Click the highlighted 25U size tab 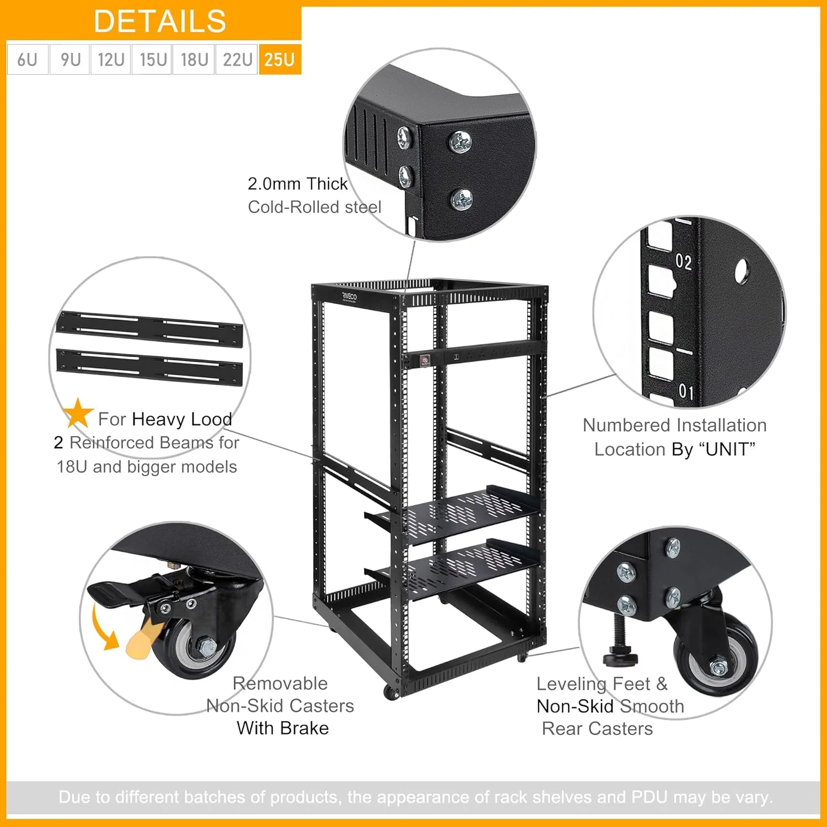click(x=280, y=59)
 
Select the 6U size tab click(x=27, y=59)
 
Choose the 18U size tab click(x=194, y=59)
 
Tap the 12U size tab click(x=111, y=59)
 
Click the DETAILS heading click(x=160, y=22)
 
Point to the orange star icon click(x=78, y=413)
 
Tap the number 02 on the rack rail click(x=684, y=261)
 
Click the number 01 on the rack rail click(x=686, y=392)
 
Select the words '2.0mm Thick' click(x=297, y=184)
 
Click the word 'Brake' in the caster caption click(x=305, y=728)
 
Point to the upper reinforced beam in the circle click(x=149, y=330)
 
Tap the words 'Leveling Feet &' click(x=602, y=684)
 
